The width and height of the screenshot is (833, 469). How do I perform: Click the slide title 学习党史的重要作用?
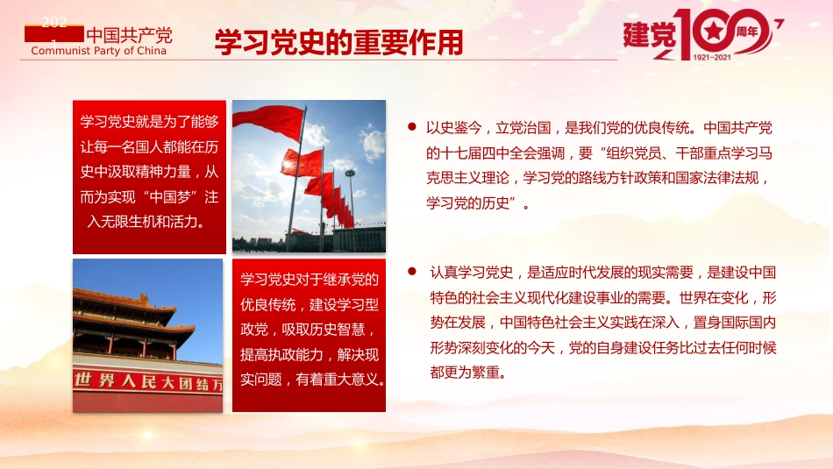[338, 41]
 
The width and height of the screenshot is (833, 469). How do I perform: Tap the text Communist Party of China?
[98, 51]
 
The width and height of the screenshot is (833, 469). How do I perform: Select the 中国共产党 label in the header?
[129, 36]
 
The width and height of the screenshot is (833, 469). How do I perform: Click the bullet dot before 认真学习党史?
[411, 272]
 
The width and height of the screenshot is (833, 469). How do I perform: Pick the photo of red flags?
[309, 176]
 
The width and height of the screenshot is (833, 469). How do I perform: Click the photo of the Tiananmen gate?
[147, 335]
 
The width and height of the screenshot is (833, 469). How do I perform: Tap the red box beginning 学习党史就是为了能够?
[149, 177]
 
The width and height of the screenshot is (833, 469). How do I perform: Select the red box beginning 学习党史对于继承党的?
[309, 335]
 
